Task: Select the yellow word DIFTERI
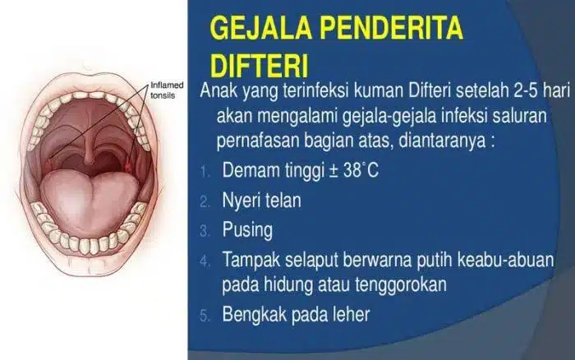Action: point(259,66)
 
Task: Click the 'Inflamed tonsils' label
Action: point(167,90)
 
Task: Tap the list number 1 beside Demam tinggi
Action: point(205,172)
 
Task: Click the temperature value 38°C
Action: point(361,170)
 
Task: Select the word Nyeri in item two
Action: point(241,201)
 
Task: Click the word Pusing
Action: point(247,230)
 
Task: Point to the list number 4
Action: point(205,261)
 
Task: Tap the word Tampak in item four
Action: point(251,261)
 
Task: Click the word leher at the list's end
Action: point(351,314)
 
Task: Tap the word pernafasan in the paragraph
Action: point(258,141)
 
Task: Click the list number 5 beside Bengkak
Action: point(205,316)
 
